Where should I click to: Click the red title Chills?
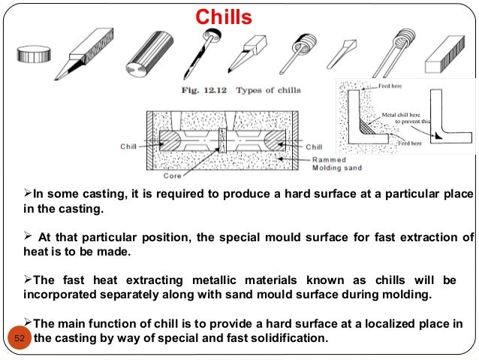tap(224, 17)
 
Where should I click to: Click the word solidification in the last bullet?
tap(288, 337)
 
